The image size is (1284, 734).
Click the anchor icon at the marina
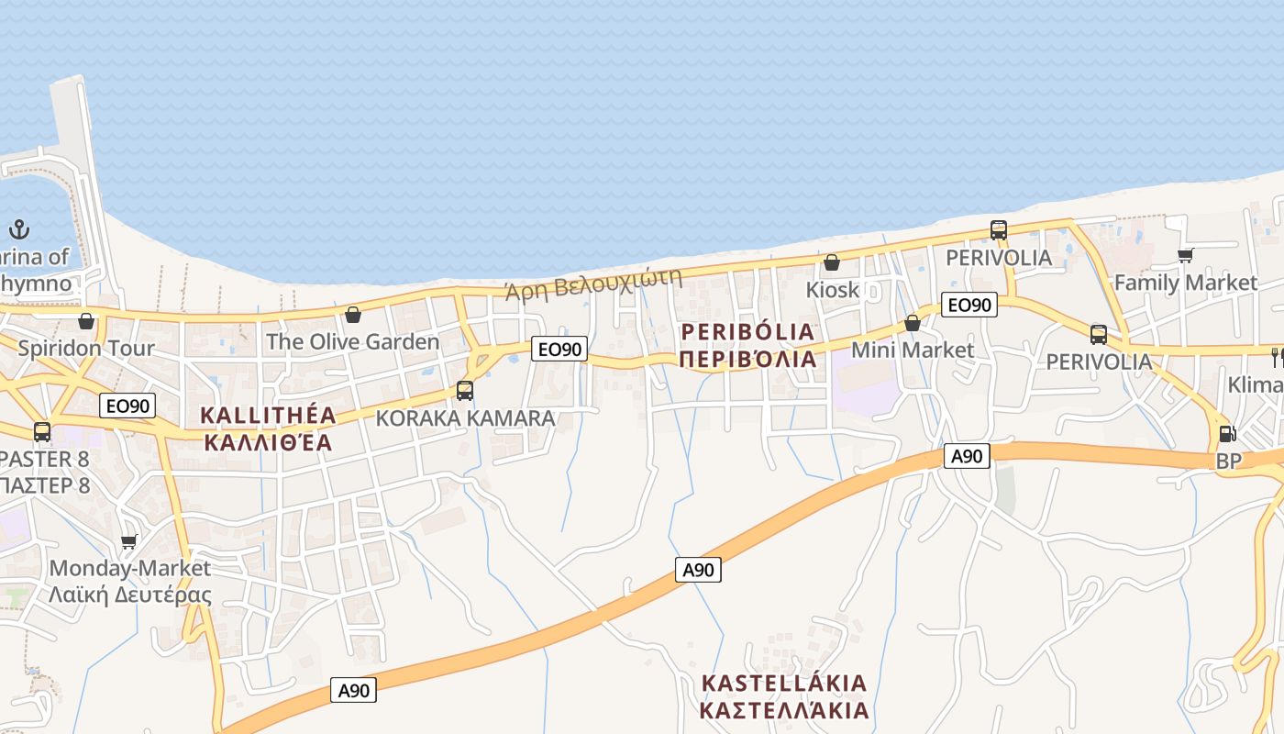19,229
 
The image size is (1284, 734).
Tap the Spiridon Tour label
86,349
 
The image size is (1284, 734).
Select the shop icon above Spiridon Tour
86,321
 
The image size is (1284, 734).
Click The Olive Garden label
353,342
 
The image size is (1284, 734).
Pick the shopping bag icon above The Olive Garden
353,316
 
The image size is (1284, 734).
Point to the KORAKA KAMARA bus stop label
466,418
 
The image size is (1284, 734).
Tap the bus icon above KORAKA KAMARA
465,391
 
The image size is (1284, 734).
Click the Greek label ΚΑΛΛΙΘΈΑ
268,442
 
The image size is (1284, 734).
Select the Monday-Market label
130,569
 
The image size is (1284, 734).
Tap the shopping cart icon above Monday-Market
129,541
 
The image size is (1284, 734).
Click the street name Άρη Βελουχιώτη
594,284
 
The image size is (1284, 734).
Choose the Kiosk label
833,290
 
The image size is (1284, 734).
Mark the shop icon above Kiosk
832,263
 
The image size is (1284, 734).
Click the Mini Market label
913,350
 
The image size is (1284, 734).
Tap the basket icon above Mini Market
913,323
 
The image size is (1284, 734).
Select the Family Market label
1185,283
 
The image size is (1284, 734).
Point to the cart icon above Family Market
1185,255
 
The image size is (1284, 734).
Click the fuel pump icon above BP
1227,434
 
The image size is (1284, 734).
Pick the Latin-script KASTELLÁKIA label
784,684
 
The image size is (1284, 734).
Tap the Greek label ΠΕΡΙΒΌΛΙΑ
748,359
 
